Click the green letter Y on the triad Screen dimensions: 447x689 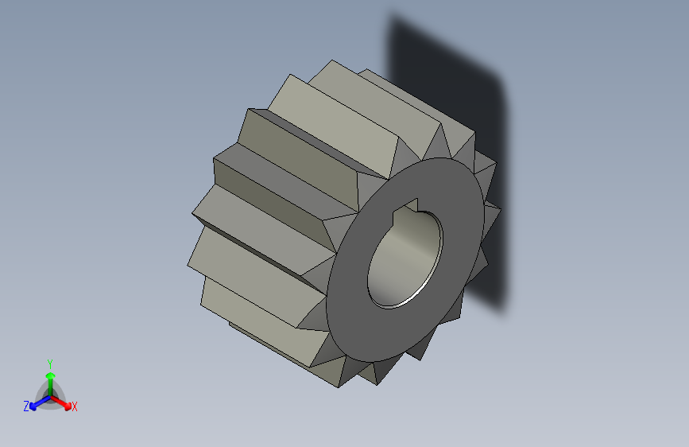tap(49, 362)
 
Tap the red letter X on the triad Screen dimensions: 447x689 tap(75, 407)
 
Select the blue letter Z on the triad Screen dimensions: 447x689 tap(25, 406)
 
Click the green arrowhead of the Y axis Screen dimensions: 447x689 tap(49, 373)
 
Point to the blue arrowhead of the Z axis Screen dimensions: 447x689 tap(33, 405)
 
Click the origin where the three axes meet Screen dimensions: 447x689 tap(50, 396)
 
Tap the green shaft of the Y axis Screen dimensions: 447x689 tap(49, 385)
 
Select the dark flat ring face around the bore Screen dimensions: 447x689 tap(358, 302)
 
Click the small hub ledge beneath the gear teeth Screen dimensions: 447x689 tap(238, 325)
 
